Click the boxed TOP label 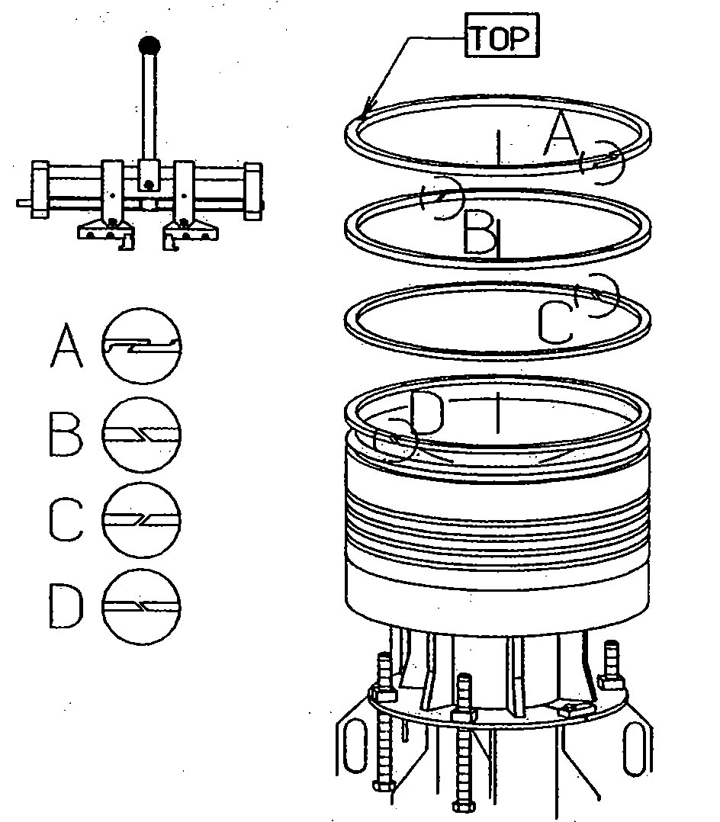coord(501,37)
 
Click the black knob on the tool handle coord(149,45)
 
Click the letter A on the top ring coord(561,135)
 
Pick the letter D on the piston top coord(426,413)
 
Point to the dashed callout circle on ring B coord(442,198)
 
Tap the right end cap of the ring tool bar coord(252,190)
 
